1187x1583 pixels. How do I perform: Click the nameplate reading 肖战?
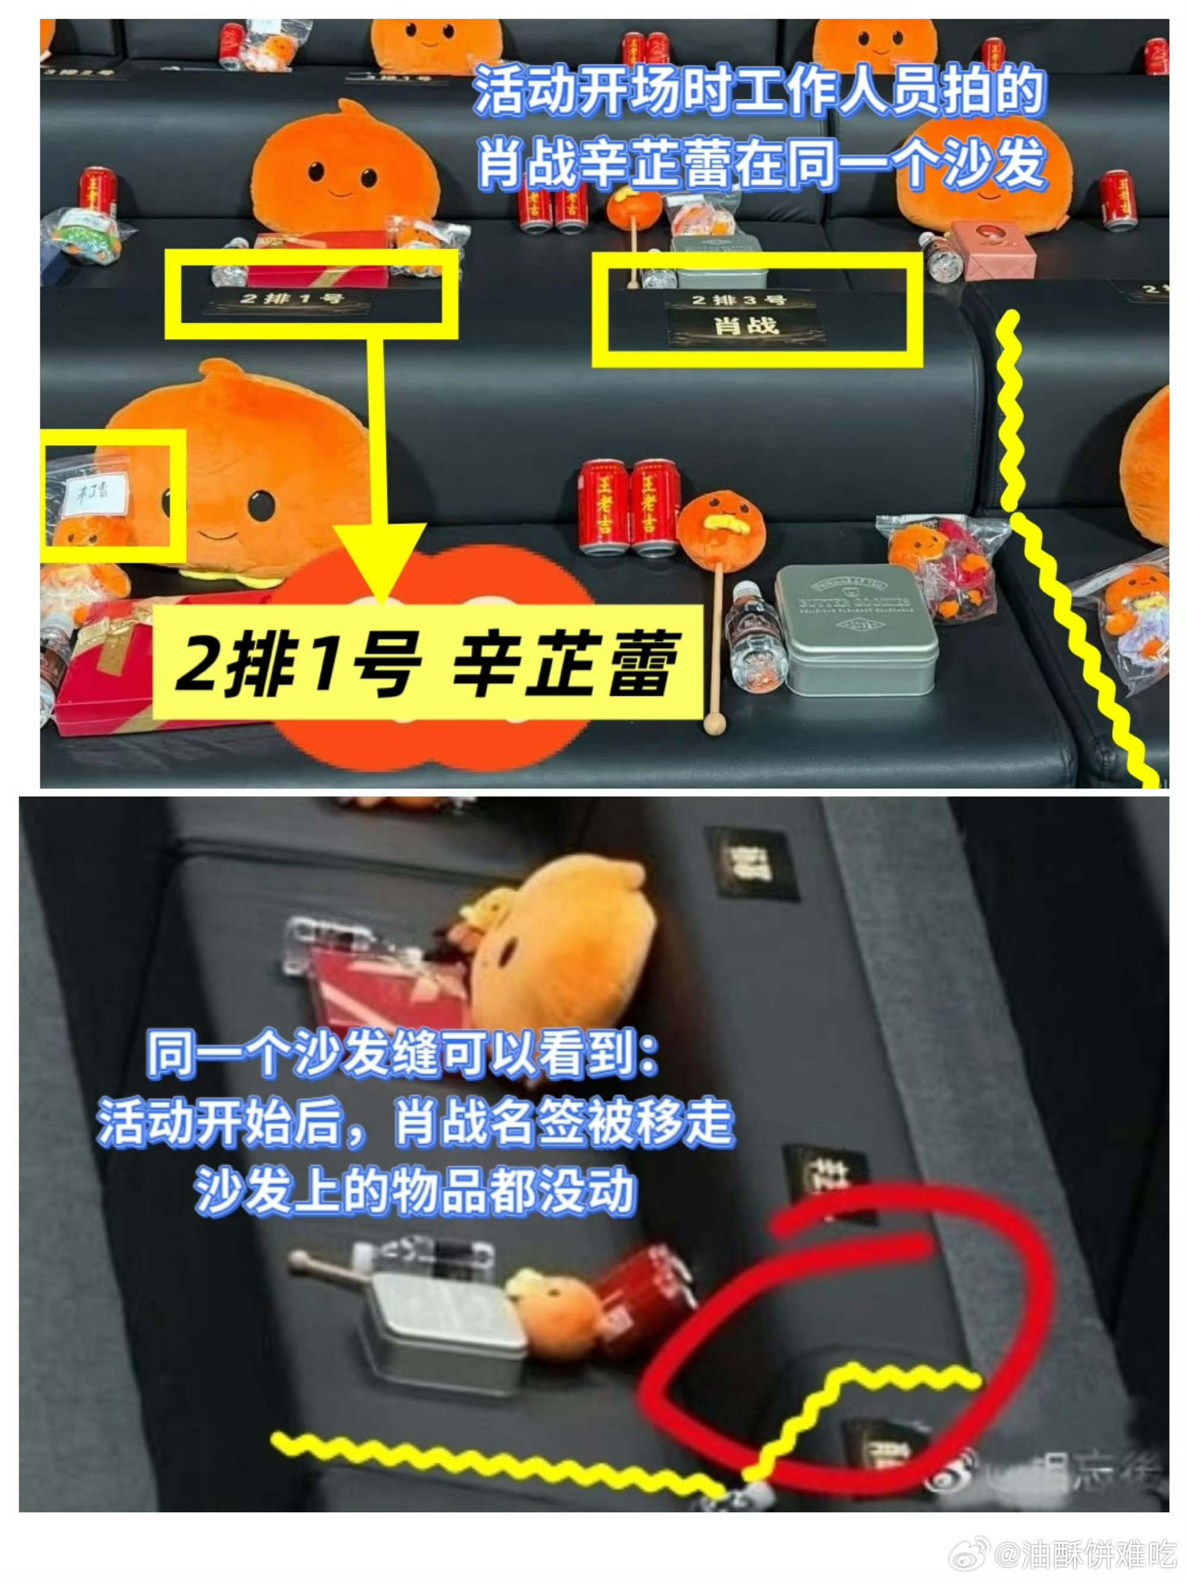(745, 326)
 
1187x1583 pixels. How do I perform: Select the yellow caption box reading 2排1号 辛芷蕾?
(427, 661)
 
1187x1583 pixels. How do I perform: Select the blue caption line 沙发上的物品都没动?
(415, 1191)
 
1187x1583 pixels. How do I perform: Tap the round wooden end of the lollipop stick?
(713, 724)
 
